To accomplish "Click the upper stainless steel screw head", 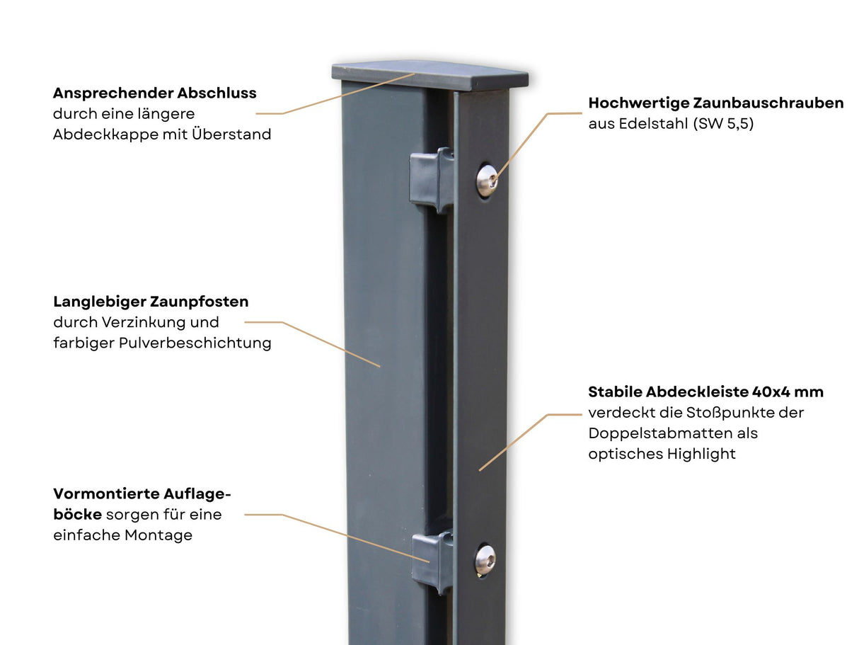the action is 488,181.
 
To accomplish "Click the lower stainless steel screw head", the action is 485,559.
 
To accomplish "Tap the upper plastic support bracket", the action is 432,181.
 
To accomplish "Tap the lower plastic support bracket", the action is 432,562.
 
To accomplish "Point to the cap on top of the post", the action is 430,75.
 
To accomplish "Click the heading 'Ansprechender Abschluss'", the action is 154,93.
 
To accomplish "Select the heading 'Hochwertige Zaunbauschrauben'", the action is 716,103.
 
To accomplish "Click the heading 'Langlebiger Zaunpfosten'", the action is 151,302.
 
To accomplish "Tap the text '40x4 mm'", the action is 788,392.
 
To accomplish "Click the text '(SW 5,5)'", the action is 723,124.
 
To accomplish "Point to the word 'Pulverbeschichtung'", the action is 195,343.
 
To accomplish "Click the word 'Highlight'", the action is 701,455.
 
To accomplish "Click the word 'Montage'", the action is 158,535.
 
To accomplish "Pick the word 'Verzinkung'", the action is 144,322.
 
